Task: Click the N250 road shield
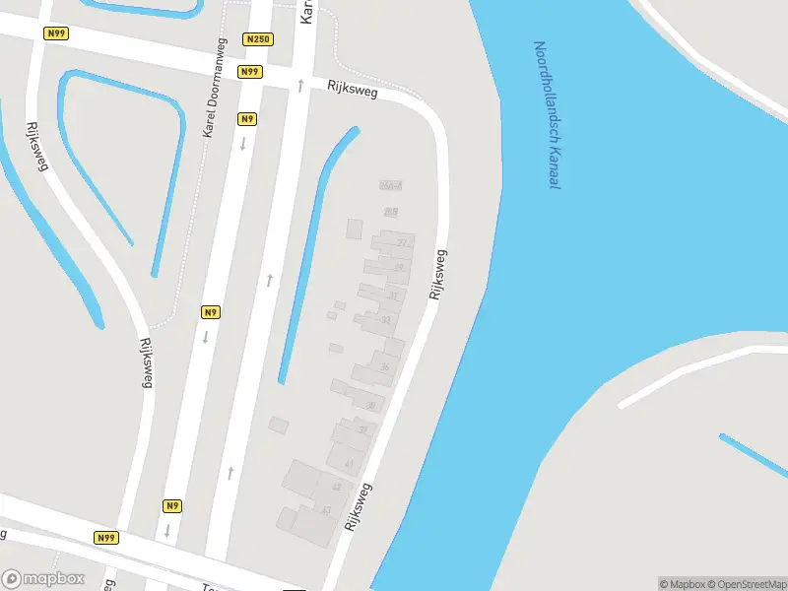tap(257, 39)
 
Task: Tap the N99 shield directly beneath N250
tap(250, 72)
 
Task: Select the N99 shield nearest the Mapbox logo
tap(106, 538)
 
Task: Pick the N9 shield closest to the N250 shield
tap(246, 119)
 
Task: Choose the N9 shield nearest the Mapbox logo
tap(172, 506)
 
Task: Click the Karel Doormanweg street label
tap(215, 88)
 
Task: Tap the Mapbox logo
tap(43, 578)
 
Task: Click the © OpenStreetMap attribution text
tap(747, 584)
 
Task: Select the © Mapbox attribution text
tap(682, 584)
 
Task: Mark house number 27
tap(401, 242)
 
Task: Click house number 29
tap(399, 267)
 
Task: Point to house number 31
tap(393, 295)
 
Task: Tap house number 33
tap(385, 320)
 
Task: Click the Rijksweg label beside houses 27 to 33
tap(438, 275)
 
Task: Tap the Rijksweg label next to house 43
tap(359, 507)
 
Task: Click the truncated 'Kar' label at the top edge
tap(306, 12)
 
